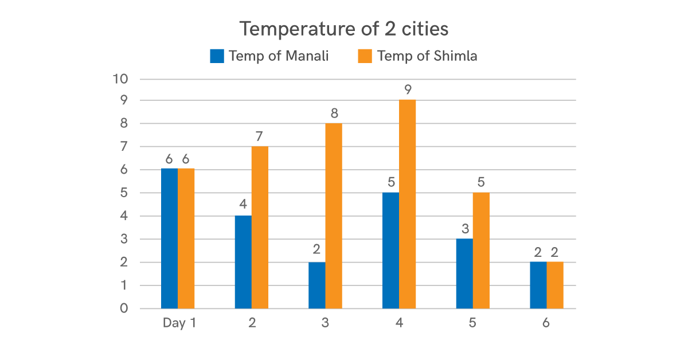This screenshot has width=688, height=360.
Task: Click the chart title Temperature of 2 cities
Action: pos(344,29)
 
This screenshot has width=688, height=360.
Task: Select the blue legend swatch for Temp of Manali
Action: pos(217,56)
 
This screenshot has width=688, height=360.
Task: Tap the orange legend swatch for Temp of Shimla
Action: pos(365,56)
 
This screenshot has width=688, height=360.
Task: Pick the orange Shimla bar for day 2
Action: pos(260,228)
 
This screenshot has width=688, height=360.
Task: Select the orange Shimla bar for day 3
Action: pos(334,216)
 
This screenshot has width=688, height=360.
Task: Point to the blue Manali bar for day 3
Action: pos(317,285)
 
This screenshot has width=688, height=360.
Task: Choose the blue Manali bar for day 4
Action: pos(390,251)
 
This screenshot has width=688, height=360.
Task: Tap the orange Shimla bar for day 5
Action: pos(481,251)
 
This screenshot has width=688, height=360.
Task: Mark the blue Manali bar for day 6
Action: pos(538,285)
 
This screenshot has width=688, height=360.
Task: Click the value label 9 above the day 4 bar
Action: pos(408,90)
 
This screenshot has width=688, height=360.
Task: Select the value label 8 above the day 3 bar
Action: pos(334,113)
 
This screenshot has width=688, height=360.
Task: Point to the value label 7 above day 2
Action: pos(260,136)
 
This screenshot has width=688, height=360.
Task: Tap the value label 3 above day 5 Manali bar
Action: pos(465,229)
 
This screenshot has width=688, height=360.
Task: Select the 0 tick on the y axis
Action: pos(123,309)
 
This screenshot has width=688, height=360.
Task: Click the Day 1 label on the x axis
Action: pos(179,323)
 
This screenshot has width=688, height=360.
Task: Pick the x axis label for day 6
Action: pos(546,323)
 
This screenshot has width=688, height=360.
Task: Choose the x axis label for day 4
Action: pos(399,323)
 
